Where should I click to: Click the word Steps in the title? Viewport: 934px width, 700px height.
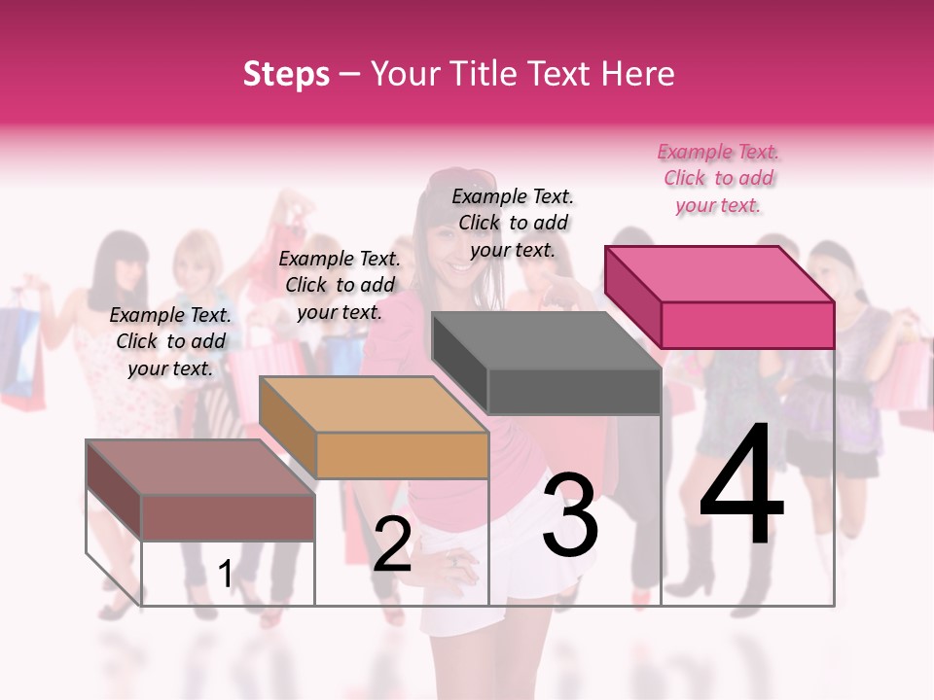pyautogui.click(x=286, y=74)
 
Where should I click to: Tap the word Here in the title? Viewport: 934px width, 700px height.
pyautogui.click(x=637, y=74)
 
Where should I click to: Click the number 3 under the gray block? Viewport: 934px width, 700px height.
pyautogui.click(x=570, y=515)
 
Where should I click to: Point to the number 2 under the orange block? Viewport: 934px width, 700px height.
pyautogui.click(x=392, y=544)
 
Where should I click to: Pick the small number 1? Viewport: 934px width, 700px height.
pyautogui.click(x=226, y=574)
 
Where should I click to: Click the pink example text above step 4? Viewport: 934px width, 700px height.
pyautogui.click(x=719, y=179)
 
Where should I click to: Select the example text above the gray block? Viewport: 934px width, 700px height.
pyautogui.click(x=513, y=223)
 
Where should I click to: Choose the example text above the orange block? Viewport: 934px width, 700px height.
pyautogui.click(x=340, y=285)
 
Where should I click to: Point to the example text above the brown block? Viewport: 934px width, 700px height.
pyautogui.click(x=170, y=341)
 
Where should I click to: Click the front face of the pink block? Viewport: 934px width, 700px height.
pyautogui.click(x=747, y=325)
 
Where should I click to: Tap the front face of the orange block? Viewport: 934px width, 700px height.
pyautogui.click(x=402, y=455)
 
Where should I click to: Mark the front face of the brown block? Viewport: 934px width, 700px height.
pyautogui.click(x=228, y=517)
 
